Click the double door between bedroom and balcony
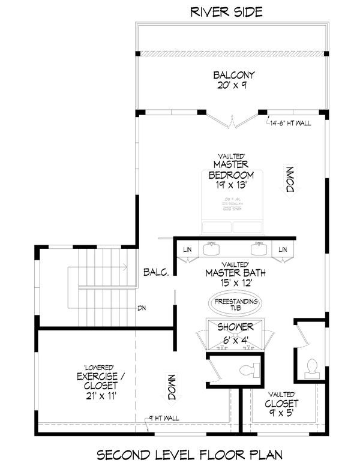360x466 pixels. [x=233, y=122]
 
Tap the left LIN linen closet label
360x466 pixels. [x=187, y=249]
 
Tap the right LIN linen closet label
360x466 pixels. [x=283, y=249]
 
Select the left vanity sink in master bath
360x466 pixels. [x=211, y=246]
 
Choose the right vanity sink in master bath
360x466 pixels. [x=259, y=246]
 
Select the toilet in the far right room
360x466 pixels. [x=312, y=366]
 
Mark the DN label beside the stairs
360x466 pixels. [x=142, y=308]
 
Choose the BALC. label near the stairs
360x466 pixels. [x=156, y=272]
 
